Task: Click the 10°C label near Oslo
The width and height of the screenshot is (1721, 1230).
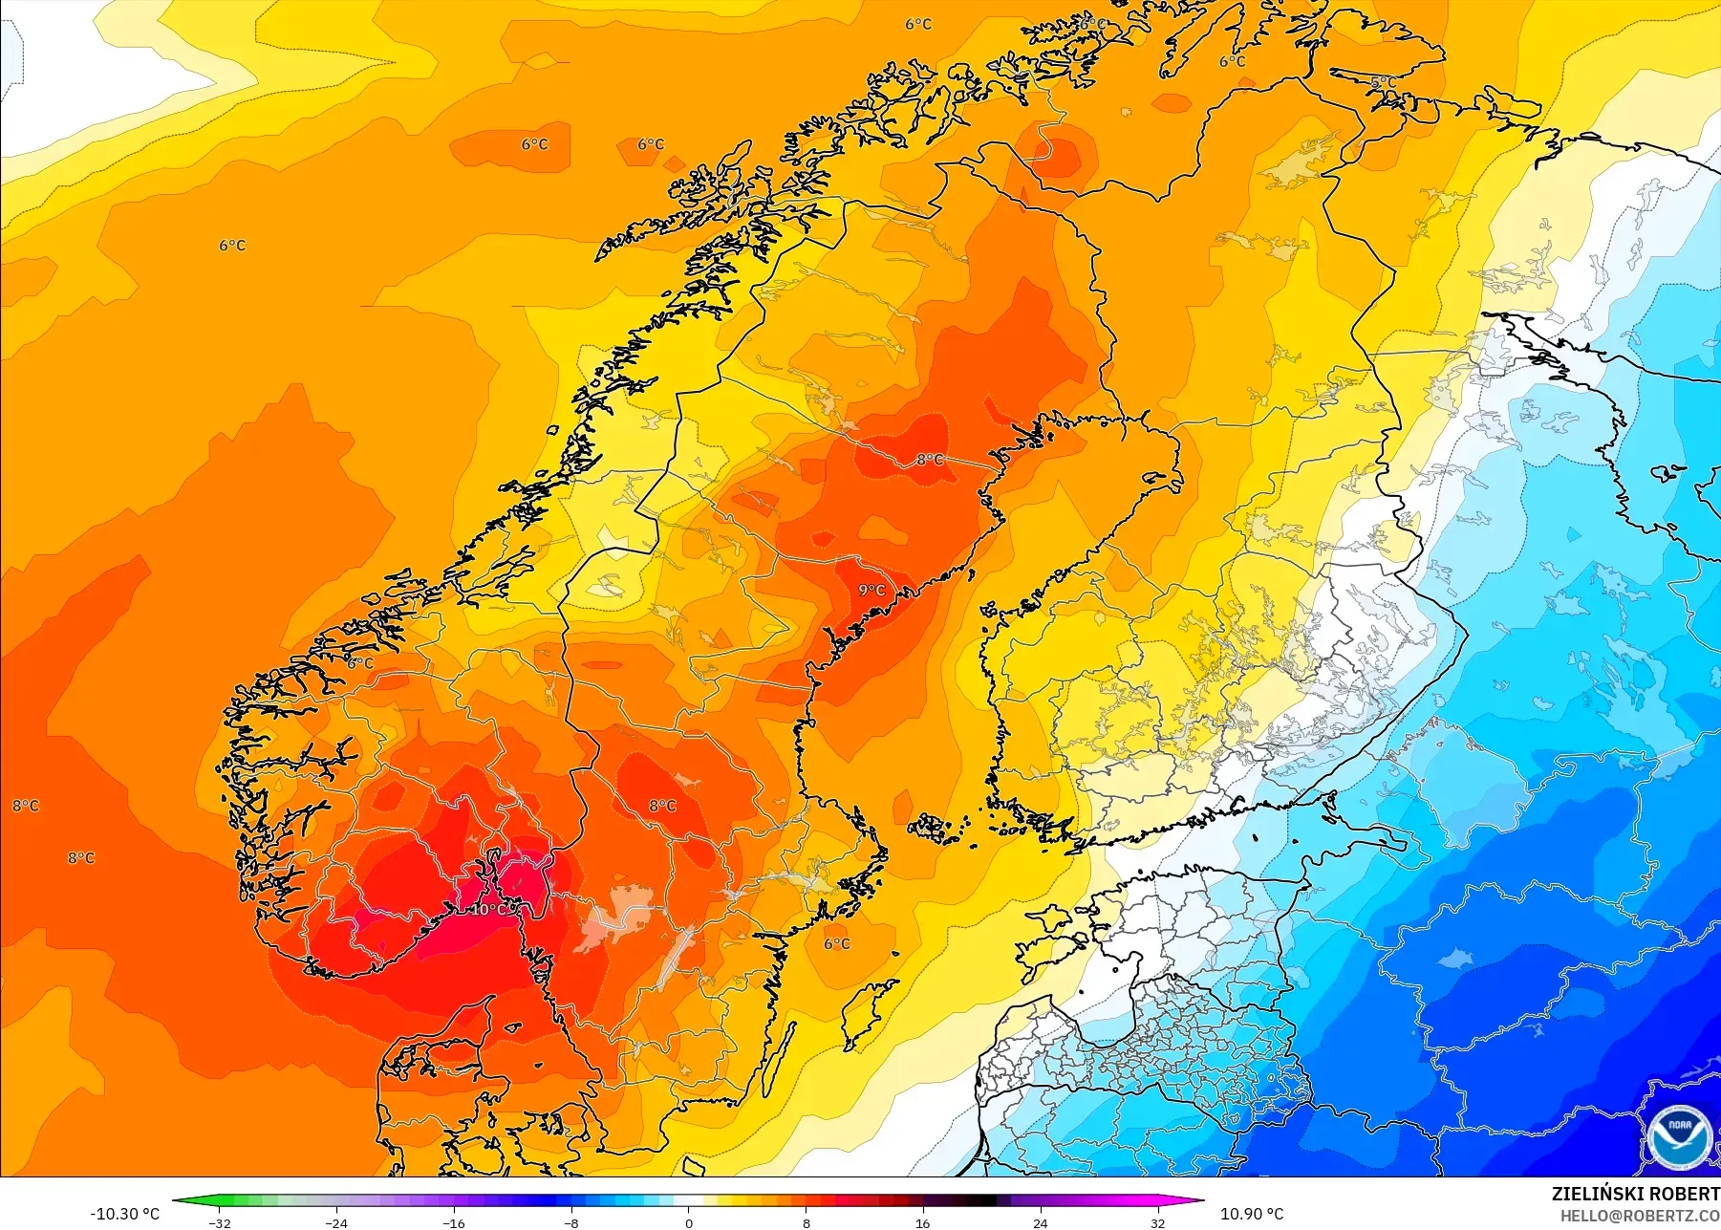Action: point(488,909)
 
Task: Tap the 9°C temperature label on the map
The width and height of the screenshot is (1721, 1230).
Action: point(871,590)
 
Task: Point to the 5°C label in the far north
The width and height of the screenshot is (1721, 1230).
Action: point(1383,83)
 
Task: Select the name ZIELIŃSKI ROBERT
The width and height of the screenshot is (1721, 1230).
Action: point(1635,1194)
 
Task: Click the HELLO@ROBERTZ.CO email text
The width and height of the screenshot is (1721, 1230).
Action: point(1640,1216)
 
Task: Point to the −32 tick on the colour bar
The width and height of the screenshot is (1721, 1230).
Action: point(220,1222)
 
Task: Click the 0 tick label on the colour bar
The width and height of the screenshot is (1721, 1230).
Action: point(688,1222)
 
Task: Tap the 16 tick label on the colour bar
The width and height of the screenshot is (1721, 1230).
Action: point(922,1222)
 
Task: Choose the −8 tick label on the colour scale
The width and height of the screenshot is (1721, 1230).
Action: point(570,1222)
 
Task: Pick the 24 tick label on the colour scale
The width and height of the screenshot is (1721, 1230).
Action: point(1040,1222)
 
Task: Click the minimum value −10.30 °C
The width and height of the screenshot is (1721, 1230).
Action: point(124,1214)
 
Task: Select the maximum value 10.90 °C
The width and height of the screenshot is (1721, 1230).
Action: point(1252,1214)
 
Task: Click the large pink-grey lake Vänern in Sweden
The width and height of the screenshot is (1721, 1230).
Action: point(616,916)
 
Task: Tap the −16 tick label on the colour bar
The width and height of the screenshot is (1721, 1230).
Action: point(454,1222)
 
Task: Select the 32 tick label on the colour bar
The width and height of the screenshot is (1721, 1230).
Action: point(1157,1222)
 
